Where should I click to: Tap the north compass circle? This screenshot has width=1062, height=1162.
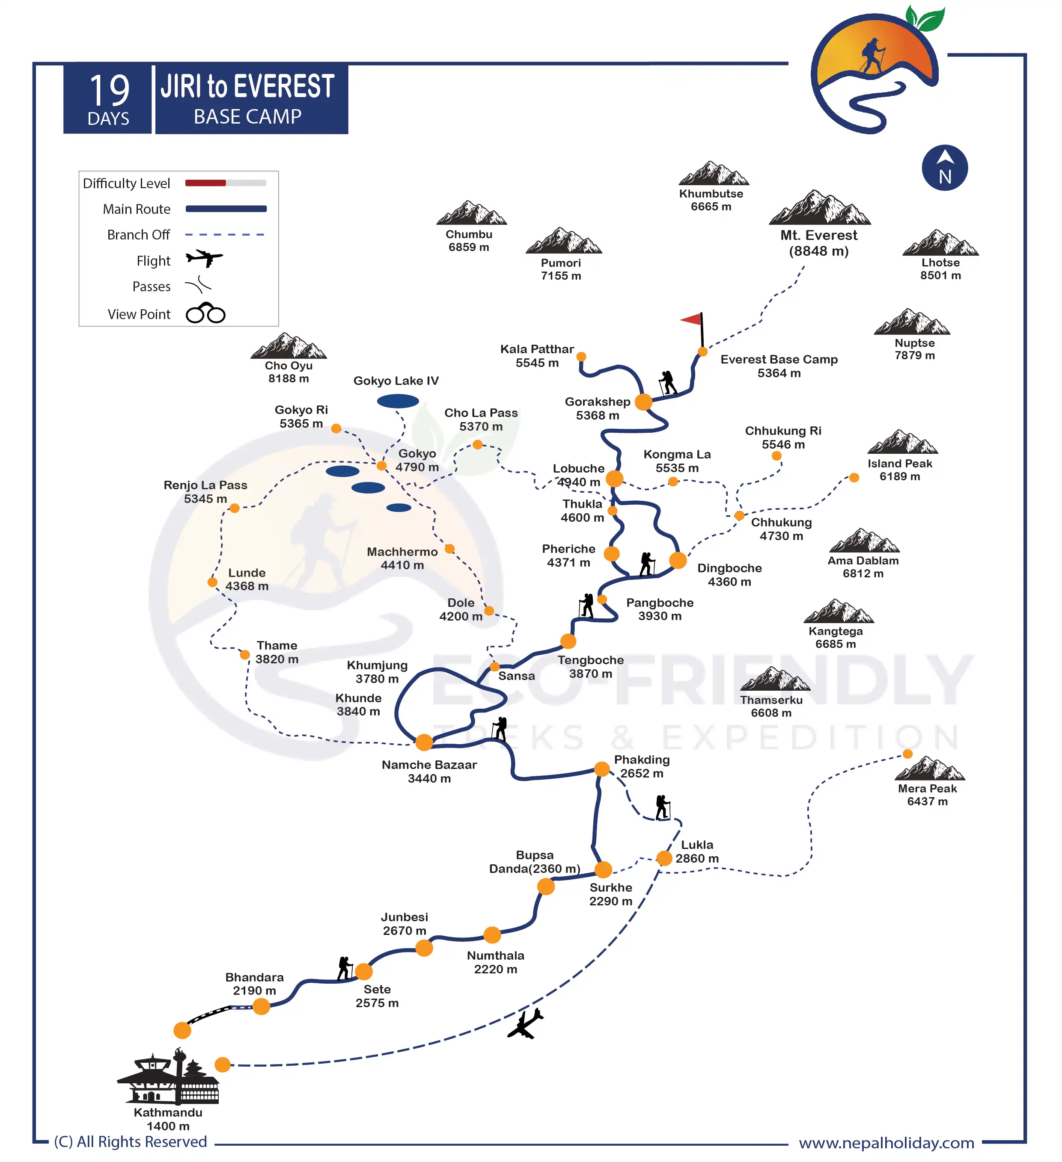[944, 168]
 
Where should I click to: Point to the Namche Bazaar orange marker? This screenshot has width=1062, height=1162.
[424, 742]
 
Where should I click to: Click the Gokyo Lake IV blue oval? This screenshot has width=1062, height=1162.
[398, 401]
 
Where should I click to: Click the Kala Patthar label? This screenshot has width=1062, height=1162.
[537, 356]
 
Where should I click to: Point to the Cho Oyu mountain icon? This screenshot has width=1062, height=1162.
[289, 346]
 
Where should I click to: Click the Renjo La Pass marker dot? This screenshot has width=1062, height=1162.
[235, 508]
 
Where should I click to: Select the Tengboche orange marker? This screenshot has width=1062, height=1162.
[568, 641]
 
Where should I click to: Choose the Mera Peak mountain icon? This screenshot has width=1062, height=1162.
[929, 769]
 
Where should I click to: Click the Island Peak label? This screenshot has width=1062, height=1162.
[899, 470]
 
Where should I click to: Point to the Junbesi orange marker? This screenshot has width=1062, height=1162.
[424, 948]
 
